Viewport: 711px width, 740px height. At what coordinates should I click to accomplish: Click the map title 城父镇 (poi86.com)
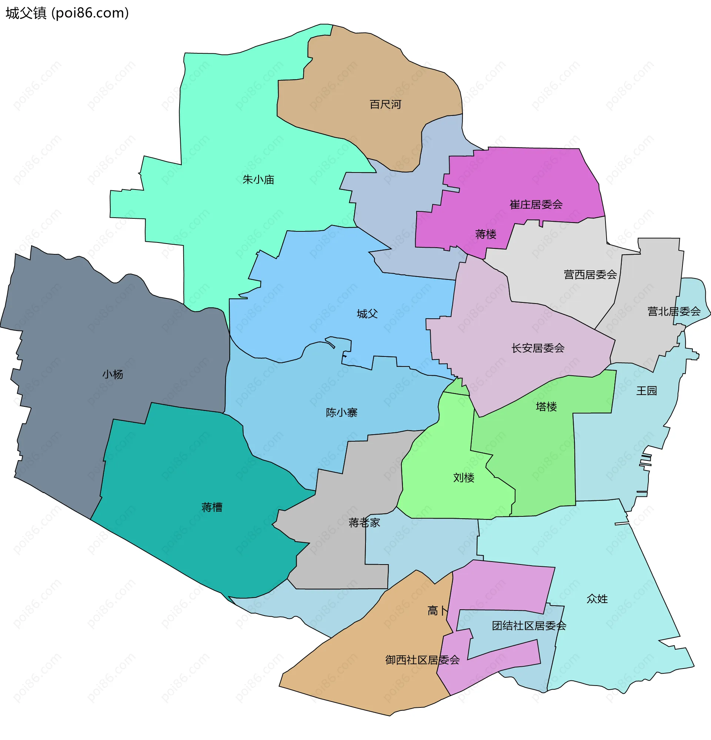[x=67, y=13]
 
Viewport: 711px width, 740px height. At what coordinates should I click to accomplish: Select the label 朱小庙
[x=258, y=180]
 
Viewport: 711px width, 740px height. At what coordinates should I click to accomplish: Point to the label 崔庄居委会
[x=536, y=205]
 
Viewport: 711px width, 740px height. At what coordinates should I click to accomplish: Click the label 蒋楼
[x=485, y=234]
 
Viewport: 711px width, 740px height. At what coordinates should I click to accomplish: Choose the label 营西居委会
[x=590, y=274]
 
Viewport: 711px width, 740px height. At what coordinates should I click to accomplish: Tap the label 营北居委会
[x=674, y=311]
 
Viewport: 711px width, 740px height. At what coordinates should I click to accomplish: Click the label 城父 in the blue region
[x=367, y=314]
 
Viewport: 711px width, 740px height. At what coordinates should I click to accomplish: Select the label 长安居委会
[x=538, y=348]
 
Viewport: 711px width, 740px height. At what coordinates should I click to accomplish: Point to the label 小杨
[x=113, y=375]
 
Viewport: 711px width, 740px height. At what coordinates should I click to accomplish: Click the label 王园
[x=647, y=391]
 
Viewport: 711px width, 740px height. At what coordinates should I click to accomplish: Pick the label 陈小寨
[x=341, y=413]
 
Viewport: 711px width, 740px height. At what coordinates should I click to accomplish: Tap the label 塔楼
[x=546, y=406]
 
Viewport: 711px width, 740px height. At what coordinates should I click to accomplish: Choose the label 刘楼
[x=464, y=478]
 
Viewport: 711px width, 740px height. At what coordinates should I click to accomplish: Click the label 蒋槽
[x=212, y=508]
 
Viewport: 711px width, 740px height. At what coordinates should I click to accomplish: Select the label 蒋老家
[x=364, y=523]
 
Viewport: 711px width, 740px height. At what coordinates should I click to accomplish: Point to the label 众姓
[x=597, y=599]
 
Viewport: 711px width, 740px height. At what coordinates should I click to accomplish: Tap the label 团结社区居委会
[x=529, y=626]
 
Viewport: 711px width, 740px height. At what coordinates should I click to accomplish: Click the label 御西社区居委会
[x=422, y=660]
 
